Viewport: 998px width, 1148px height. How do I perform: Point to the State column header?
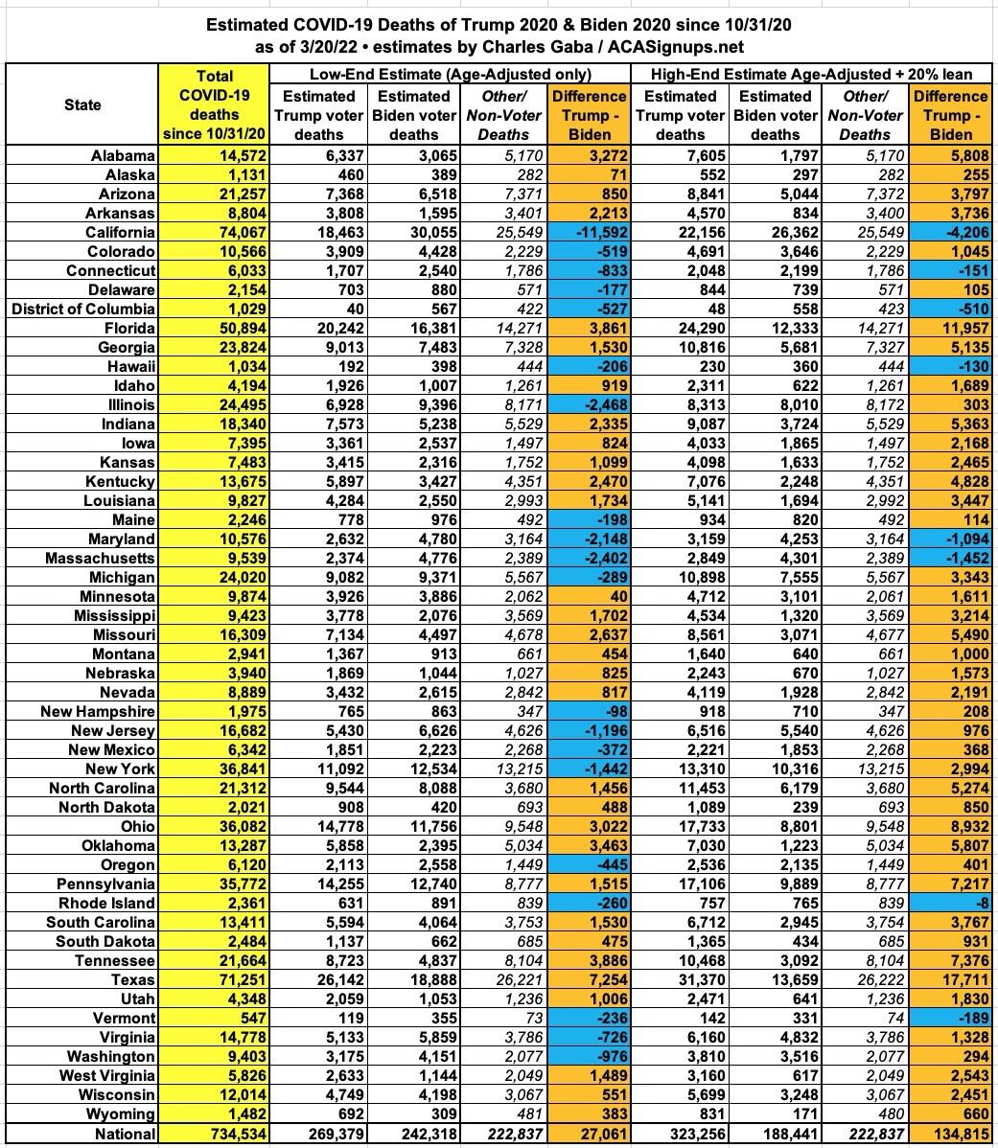tap(82, 104)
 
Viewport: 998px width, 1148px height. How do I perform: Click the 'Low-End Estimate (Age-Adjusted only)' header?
tap(450, 74)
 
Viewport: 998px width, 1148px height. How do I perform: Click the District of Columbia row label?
tap(82, 309)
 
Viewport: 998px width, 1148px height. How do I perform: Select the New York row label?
tap(120, 769)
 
